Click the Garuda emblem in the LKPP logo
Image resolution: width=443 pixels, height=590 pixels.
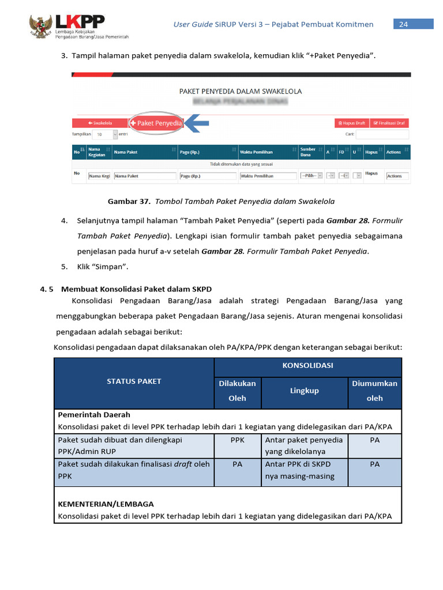(x=40, y=26)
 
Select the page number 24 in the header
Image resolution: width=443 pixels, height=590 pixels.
(x=403, y=24)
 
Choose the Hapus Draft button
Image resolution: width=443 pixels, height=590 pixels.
(x=351, y=123)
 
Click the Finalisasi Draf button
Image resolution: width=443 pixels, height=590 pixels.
(x=389, y=123)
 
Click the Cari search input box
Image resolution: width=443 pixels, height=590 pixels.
(x=382, y=134)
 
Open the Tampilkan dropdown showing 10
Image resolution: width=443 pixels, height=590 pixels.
(x=106, y=134)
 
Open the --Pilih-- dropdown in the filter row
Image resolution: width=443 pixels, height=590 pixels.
(x=310, y=176)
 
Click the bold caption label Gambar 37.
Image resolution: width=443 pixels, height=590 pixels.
(x=129, y=202)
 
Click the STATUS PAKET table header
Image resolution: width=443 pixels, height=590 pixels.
(x=134, y=381)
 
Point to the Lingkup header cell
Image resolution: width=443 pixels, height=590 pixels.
(x=304, y=391)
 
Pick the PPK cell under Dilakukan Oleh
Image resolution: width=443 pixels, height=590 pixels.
(x=237, y=440)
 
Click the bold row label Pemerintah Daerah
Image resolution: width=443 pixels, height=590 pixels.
(x=94, y=414)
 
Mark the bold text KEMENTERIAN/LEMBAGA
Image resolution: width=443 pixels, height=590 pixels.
(x=106, y=504)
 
